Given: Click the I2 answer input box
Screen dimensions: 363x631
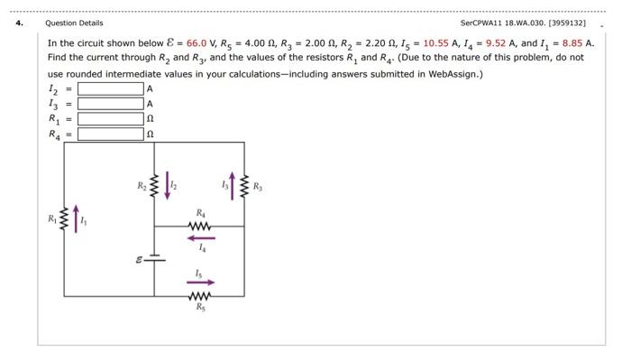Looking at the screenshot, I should point(111,88).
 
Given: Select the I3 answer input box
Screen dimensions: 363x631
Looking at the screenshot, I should point(111,104).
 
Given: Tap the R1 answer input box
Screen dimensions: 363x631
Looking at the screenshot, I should point(111,119).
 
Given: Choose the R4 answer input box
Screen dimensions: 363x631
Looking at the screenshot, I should point(111,135).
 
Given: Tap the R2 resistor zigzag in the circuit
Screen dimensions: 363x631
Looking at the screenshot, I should point(154,188).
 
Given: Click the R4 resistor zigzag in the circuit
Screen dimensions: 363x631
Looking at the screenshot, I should point(200,226).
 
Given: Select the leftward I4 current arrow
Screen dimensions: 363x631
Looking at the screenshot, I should point(200,238).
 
